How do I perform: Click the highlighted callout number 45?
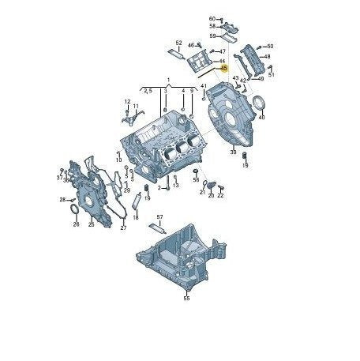tap(224, 69)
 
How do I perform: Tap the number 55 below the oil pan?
tap(186, 299)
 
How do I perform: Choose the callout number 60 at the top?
tap(212, 18)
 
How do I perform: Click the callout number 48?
tap(267, 57)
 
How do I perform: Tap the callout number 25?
tap(91, 225)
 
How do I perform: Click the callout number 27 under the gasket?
tap(123, 228)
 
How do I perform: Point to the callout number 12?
tap(126, 102)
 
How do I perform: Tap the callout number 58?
tap(212, 27)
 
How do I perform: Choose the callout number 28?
tap(62, 200)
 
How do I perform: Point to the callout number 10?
tap(119, 160)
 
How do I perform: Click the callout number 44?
tap(223, 61)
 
